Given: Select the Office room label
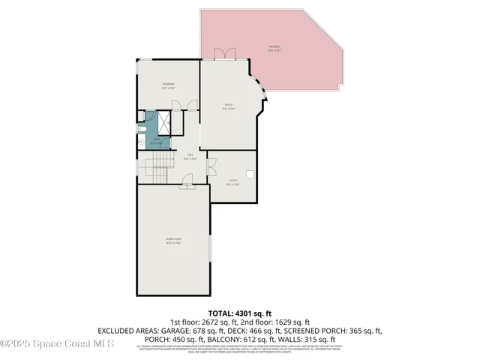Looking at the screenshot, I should [x=229, y=106].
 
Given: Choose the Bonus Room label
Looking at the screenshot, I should [x=174, y=241].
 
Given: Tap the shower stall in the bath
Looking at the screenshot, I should [x=163, y=122].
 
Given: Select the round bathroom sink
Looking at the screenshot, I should [x=140, y=141].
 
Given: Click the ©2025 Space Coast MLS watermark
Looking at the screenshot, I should [x=57, y=343].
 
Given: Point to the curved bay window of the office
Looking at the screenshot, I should [x=261, y=97].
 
